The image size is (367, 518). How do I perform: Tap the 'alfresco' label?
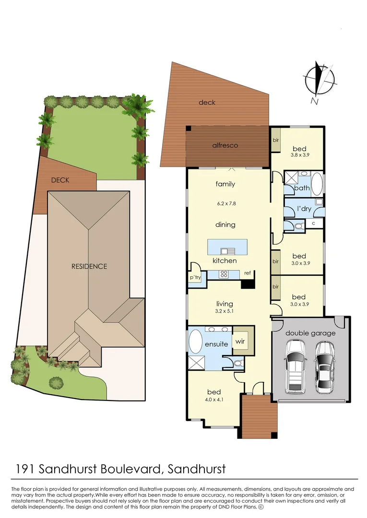click(x=225, y=145)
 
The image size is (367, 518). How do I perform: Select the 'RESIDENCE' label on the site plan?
click(x=89, y=266)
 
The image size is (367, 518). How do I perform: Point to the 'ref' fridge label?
click(x=248, y=273)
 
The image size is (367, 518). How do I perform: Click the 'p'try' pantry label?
click(x=195, y=278)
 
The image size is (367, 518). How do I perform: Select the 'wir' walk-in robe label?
click(x=240, y=342)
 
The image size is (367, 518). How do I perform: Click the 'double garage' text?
click(x=310, y=333)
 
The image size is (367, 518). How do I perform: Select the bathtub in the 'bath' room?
click(x=318, y=183)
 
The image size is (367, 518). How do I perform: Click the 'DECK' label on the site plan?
click(x=60, y=180)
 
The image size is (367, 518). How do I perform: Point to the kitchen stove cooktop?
click(x=224, y=274)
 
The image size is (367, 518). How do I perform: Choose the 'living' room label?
click(x=225, y=304)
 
